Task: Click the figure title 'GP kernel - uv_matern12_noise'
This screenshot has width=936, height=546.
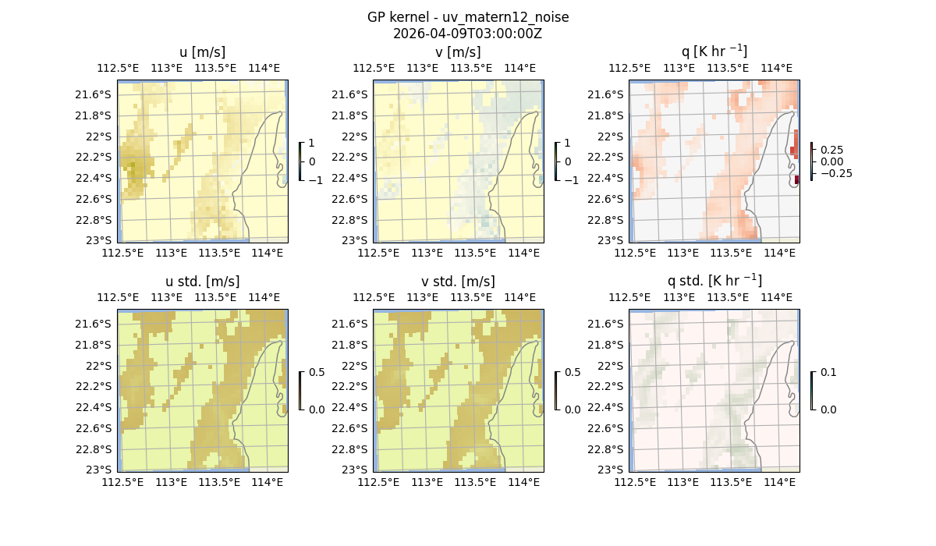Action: point(468,17)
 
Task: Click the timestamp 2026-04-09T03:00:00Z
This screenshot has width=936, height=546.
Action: point(468,34)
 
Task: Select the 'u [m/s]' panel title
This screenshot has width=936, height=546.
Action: point(202,52)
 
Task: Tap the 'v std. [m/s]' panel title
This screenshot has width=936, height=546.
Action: point(458,282)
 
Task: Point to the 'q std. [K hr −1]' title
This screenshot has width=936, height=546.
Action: point(714,281)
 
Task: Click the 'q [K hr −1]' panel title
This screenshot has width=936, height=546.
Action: point(714,51)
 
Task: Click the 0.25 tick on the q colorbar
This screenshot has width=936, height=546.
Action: point(831,150)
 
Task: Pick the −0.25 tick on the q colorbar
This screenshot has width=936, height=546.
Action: point(835,173)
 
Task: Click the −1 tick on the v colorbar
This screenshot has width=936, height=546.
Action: point(572,180)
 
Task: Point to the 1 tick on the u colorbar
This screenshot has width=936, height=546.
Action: point(312,144)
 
